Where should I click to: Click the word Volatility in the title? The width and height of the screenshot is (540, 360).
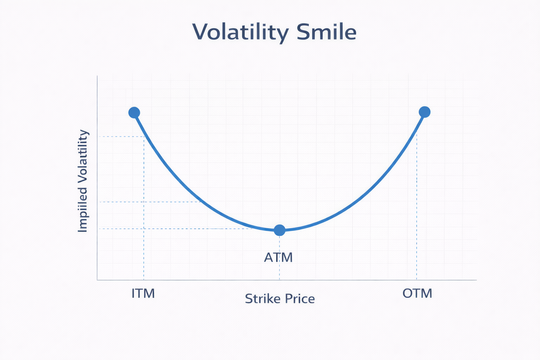click(x=240, y=32)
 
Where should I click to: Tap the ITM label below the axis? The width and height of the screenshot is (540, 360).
click(x=143, y=293)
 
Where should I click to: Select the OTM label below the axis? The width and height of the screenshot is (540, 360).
click(x=417, y=293)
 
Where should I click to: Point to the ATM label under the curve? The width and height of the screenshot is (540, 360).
click(x=278, y=257)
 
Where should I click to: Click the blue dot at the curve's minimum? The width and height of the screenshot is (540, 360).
click(x=279, y=230)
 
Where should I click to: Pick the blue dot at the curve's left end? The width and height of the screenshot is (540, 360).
click(x=134, y=112)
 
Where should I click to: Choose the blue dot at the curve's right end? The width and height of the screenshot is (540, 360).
click(x=425, y=112)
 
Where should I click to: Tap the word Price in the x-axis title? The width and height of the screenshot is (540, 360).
click(x=300, y=299)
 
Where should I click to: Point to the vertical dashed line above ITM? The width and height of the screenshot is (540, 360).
click(x=144, y=211)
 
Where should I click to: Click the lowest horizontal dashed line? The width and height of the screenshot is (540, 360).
click(x=176, y=229)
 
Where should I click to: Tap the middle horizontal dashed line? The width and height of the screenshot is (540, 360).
click(x=148, y=202)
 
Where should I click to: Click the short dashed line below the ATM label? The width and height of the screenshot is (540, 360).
click(x=279, y=272)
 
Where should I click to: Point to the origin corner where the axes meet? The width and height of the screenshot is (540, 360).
click(x=97, y=280)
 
